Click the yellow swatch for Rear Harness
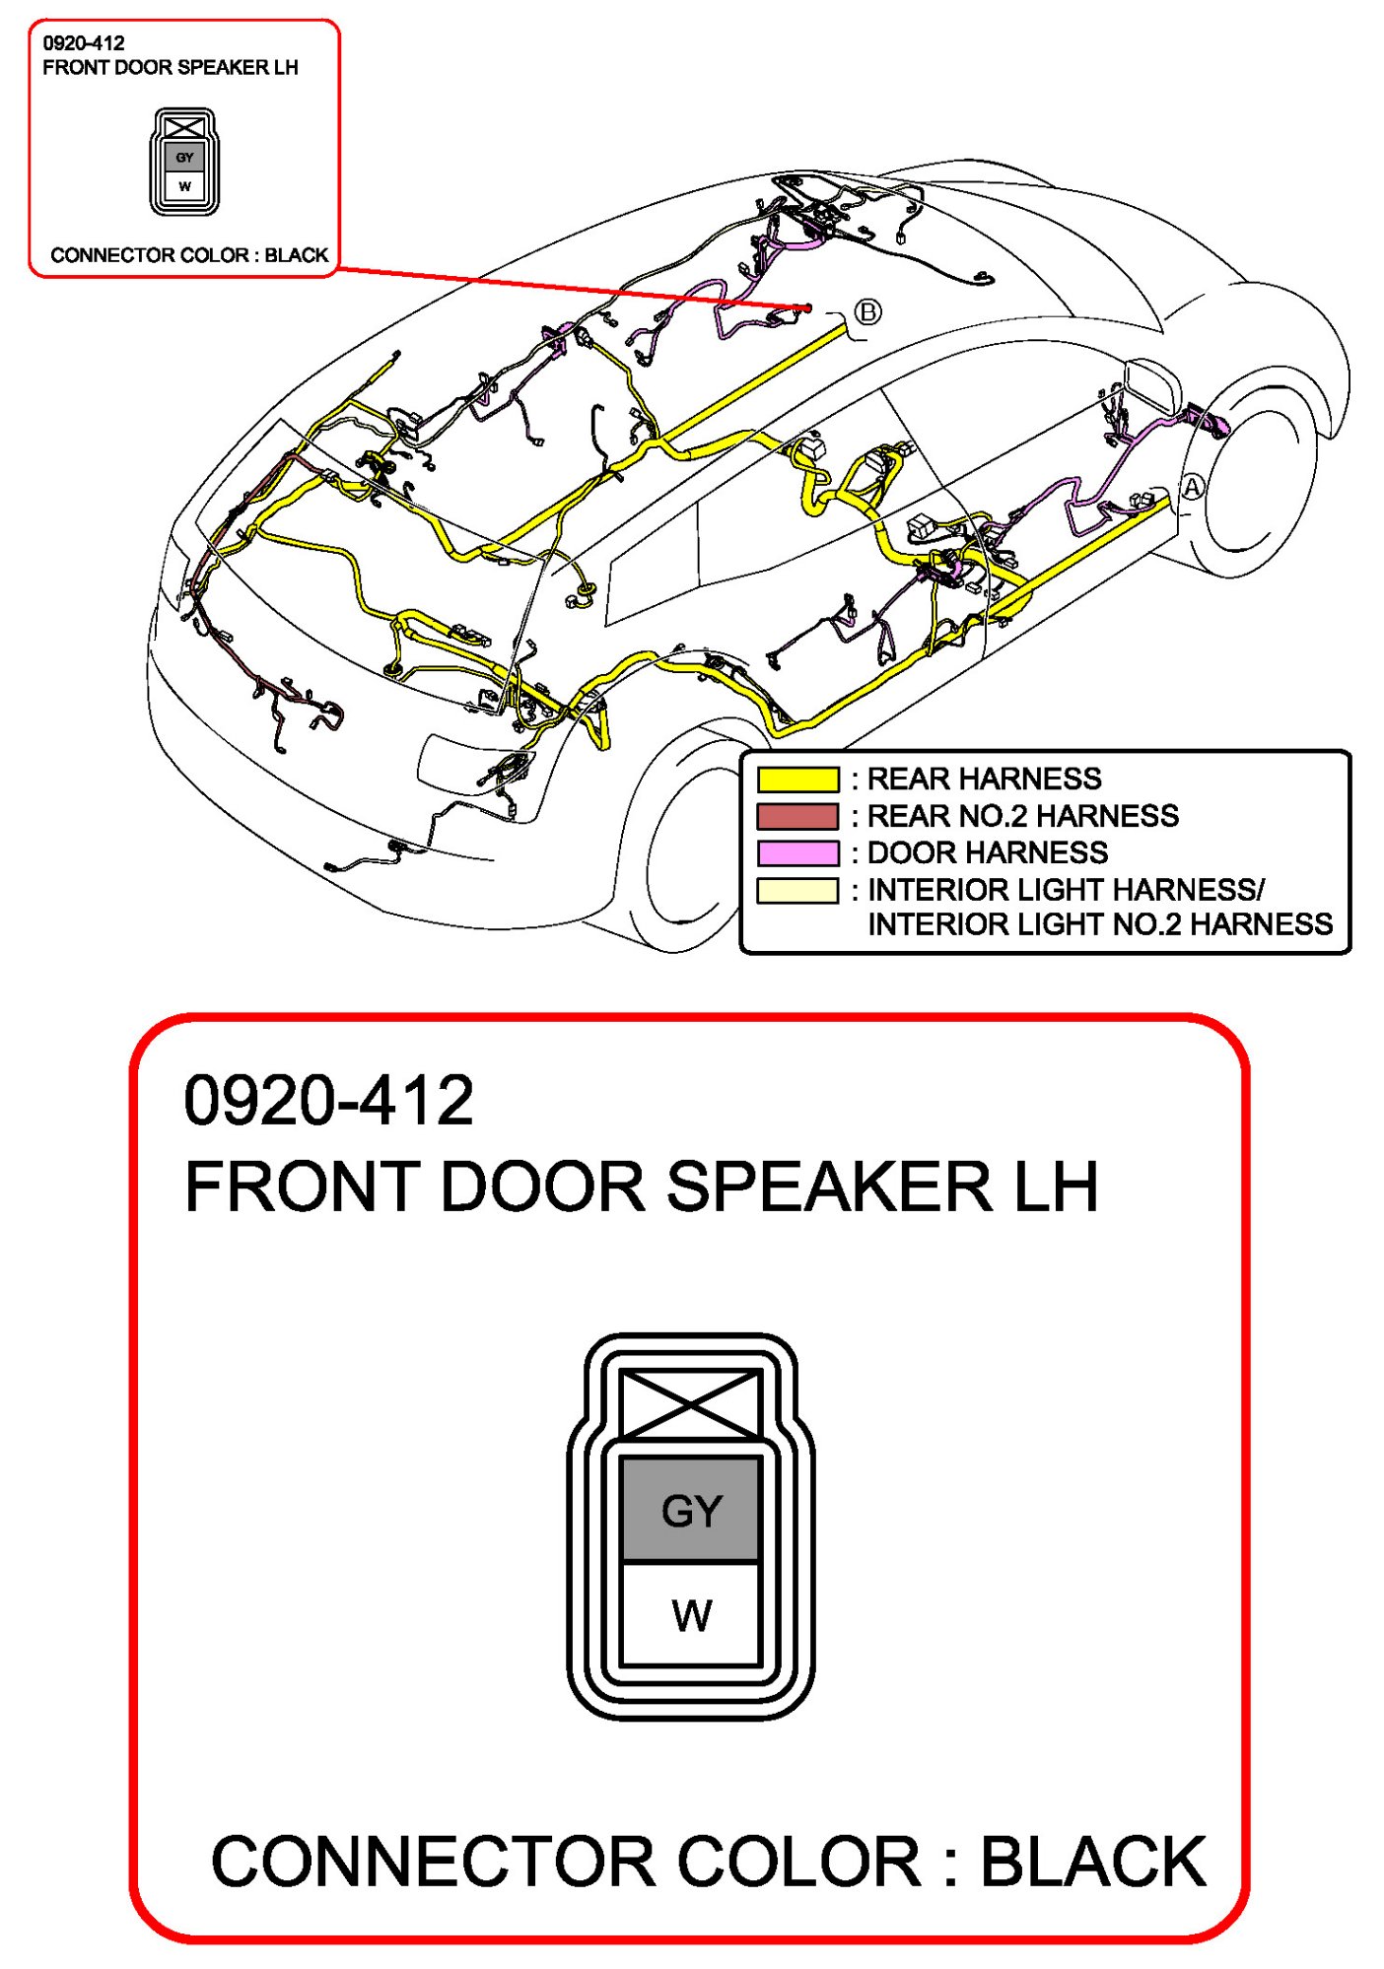click(797, 780)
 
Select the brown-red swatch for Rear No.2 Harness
click(797, 816)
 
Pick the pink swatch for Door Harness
click(797, 852)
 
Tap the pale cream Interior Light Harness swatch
click(797, 890)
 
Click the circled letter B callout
click(867, 312)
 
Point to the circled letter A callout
click(1193, 487)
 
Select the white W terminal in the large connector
click(691, 1615)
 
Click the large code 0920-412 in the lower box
click(328, 1100)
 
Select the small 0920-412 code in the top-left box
click(84, 43)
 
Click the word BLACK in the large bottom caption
click(1092, 1862)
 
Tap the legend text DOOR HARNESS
click(987, 852)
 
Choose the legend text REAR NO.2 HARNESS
click(1022, 816)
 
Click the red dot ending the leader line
click(808, 307)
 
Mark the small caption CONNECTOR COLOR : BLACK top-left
click(189, 255)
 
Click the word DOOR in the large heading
click(543, 1187)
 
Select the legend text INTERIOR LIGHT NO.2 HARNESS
click(1099, 924)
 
